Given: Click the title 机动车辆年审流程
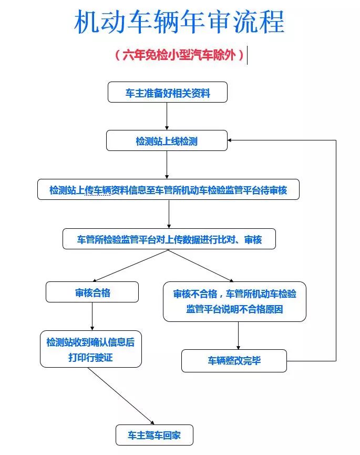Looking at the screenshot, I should click(179, 23).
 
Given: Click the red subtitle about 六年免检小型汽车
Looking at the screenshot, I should click(180, 55).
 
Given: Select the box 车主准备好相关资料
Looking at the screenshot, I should click(167, 92).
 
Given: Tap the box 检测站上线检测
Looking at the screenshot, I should click(167, 140).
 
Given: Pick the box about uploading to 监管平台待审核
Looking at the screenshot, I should click(168, 189).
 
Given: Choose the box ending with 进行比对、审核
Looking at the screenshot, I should click(169, 239).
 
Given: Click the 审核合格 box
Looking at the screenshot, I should click(92, 292).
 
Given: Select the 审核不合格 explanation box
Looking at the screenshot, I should click(234, 301).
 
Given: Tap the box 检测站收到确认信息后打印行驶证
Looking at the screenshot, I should click(91, 349).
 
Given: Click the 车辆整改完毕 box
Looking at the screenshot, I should click(234, 361).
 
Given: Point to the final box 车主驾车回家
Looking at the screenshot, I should click(155, 435).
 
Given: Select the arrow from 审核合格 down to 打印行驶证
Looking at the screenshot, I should click(92, 316).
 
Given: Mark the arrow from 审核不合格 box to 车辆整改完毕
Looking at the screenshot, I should click(239, 335).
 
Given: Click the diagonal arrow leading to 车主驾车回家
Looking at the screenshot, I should click(121, 396).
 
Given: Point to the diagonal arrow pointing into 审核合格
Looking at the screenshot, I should click(131, 265).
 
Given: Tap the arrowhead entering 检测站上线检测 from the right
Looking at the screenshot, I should click(232, 140).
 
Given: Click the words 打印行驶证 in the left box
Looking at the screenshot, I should click(91, 358).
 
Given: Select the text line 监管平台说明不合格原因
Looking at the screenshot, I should click(234, 309).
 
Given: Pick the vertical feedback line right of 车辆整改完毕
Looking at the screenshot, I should click(336, 252).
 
